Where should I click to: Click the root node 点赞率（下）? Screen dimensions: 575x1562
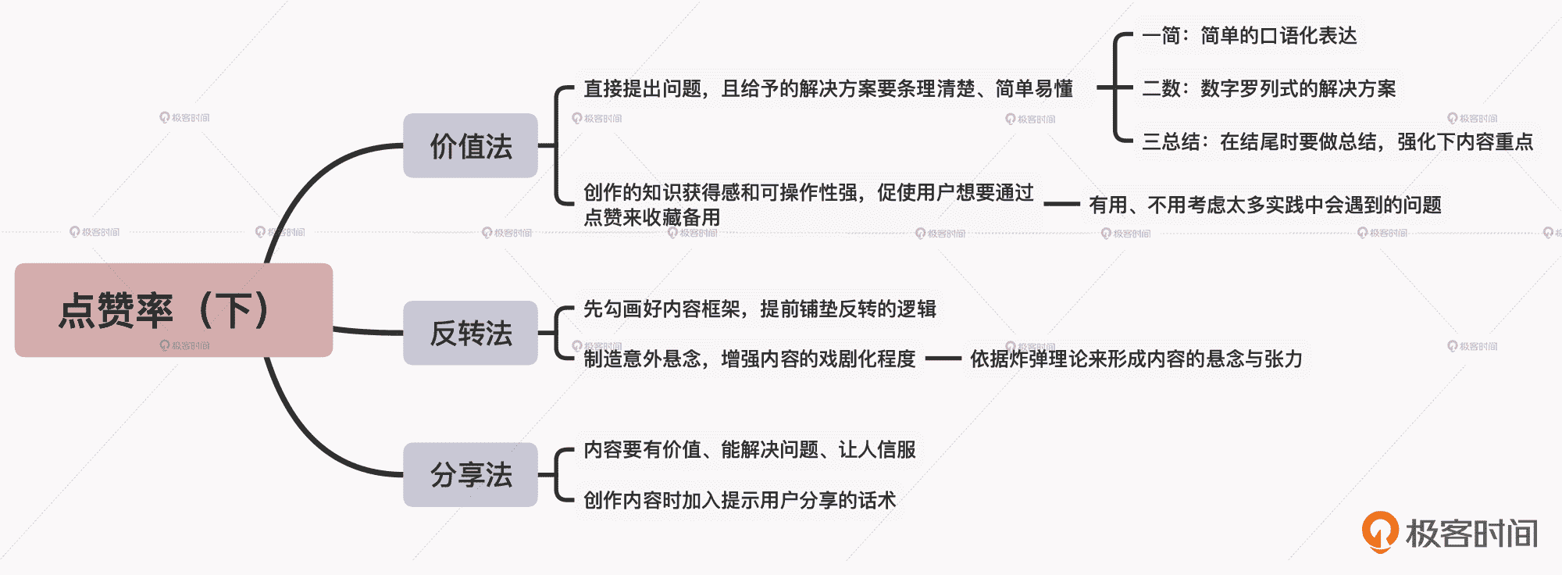(x=173, y=310)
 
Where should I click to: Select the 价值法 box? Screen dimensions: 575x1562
(x=470, y=146)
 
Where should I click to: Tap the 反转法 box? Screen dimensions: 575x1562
(x=470, y=333)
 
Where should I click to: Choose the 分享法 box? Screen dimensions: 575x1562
(x=470, y=474)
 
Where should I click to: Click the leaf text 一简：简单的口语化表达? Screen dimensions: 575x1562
(x=1249, y=36)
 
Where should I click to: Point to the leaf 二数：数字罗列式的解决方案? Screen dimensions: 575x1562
(x=1268, y=89)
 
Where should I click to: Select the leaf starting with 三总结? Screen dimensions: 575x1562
(x=1337, y=142)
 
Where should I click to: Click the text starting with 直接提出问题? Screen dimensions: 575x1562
(x=828, y=89)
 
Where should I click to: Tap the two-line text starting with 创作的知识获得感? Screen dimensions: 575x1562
(x=808, y=204)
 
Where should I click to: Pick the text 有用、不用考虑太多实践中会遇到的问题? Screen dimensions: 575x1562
(x=1265, y=205)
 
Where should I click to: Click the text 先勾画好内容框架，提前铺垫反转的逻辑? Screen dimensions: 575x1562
(x=760, y=309)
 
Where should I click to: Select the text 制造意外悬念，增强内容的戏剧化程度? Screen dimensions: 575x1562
(x=750, y=359)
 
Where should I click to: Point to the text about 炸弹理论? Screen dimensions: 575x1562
(x=1136, y=359)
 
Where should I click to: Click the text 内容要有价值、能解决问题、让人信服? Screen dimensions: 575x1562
(x=750, y=450)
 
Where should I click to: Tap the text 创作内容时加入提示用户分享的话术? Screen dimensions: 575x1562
(x=740, y=500)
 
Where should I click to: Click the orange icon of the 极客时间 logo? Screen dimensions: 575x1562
(x=1380, y=531)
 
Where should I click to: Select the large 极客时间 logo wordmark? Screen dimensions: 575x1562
(x=1471, y=534)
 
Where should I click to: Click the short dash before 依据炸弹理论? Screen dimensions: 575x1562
(x=943, y=359)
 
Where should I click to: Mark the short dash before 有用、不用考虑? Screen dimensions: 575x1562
(x=1061, y=205)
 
